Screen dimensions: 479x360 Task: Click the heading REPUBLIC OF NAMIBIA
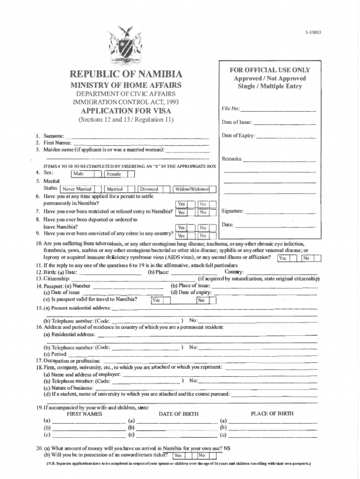point(126,75)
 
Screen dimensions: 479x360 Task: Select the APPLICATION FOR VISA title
point(126,111)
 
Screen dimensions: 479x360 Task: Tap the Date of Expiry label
point(238,136)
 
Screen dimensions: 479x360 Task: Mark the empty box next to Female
point(131,174)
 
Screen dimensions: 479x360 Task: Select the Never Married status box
point(77,189)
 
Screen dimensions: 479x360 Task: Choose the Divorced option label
point(149,189)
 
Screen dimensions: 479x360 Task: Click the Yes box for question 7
point(181,212)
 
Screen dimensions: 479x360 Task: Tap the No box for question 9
point(203,236)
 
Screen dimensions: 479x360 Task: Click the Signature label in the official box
point(232,211)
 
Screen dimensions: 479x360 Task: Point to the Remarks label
point(232,160)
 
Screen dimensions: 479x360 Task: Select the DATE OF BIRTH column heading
point(179,414)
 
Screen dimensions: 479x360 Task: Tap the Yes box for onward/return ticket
point(178,456)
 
